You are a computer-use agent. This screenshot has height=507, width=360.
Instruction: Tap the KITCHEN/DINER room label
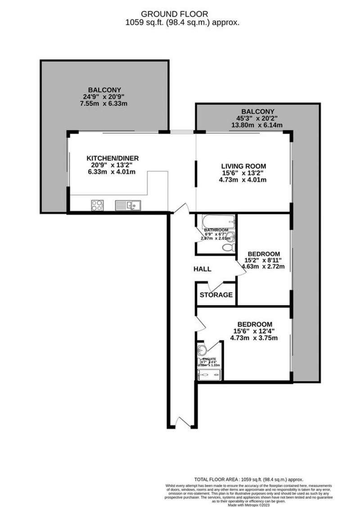pos(112,158)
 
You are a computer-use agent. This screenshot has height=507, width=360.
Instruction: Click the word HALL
pos(202,269)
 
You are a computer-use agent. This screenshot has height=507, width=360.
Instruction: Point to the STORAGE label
pos(216,295)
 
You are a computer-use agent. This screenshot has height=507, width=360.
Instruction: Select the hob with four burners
pos(98,206)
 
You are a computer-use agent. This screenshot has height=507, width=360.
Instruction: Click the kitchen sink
pos(128,206)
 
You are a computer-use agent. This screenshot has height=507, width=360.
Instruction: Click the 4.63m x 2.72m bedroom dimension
pos(263,266)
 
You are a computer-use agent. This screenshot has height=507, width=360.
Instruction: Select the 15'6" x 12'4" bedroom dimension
pos(255,332)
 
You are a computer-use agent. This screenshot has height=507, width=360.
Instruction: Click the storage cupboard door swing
pos(216,285)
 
